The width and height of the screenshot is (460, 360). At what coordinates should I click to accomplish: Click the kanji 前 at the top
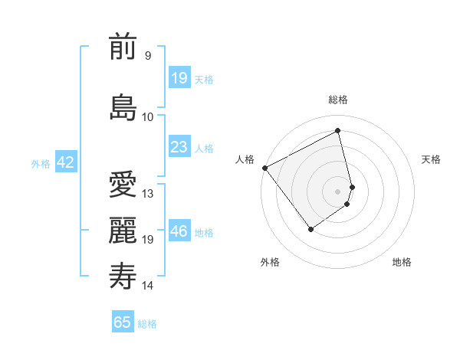[123, 48]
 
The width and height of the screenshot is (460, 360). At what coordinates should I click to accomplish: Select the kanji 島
[123, 107]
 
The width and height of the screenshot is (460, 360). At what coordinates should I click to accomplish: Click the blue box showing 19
[179, 78]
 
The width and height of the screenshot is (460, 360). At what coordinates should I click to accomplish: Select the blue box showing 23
[179, 147]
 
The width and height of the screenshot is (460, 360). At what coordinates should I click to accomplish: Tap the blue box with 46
[179, 231]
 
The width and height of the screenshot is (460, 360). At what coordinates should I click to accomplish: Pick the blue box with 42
[65, 162]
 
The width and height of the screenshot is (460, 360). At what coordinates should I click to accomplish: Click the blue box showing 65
[123, 322]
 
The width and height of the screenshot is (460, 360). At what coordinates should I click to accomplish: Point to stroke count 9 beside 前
[148, 56]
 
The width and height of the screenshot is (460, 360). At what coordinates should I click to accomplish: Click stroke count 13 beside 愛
[148, 193]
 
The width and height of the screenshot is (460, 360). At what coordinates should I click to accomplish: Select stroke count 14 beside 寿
[148, 286]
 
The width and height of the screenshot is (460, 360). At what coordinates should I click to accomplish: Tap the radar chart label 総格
[338, 100]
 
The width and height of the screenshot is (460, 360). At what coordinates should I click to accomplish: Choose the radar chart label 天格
[432, 159]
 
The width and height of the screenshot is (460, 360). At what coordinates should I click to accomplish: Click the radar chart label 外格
[270, 262]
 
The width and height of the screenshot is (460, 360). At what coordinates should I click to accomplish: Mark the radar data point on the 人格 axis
[264, 168]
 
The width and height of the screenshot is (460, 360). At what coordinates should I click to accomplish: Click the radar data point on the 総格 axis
[338, 130]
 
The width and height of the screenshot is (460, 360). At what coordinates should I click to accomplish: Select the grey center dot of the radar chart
[337, 191]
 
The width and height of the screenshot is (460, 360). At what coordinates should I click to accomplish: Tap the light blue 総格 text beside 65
[147, 324]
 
